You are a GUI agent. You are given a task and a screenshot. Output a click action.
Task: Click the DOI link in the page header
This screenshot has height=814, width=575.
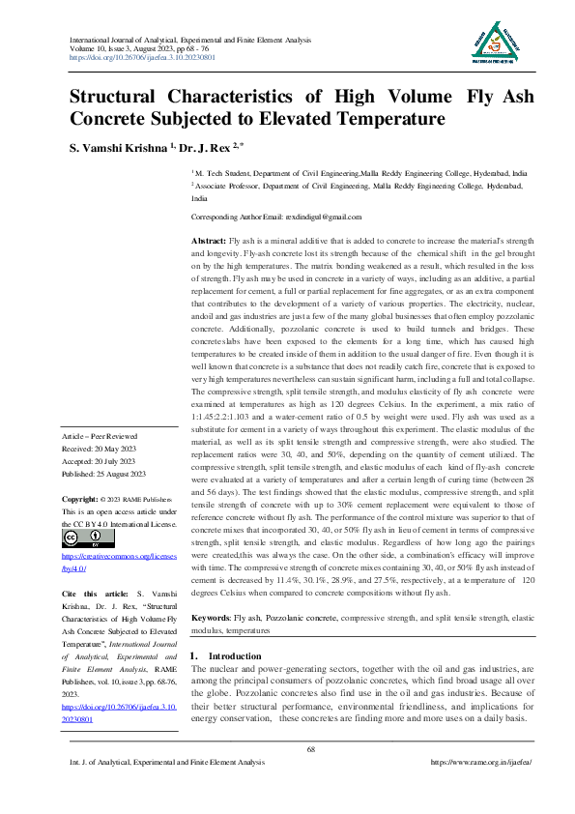coord(142,57)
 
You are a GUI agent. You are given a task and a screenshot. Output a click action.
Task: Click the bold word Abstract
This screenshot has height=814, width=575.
coord(209,239)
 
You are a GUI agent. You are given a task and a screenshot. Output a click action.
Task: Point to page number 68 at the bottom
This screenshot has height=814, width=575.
coord(338,749)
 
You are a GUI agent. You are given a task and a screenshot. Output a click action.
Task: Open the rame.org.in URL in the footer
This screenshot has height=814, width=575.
coord(480,762)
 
